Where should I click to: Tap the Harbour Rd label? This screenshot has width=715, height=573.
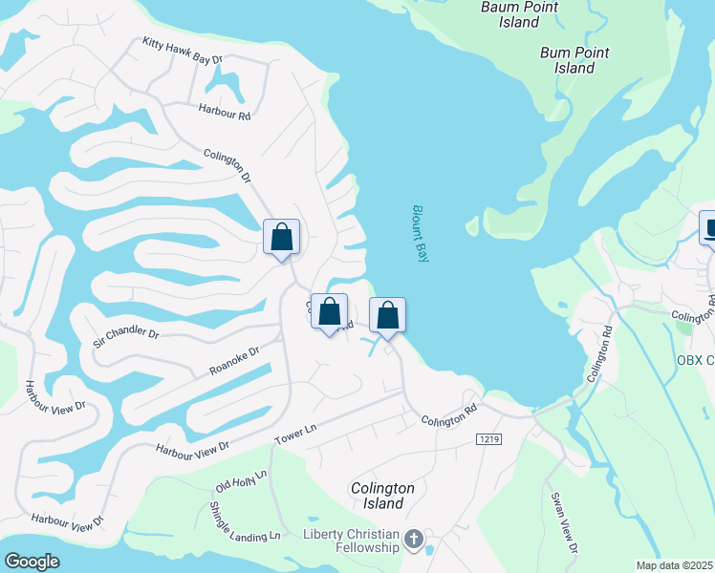click(x=225, y=113)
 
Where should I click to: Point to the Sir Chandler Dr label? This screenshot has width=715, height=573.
click(x=125, y=334)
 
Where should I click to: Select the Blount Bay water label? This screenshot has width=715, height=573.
click(x=422, y=234)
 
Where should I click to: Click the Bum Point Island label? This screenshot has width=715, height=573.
click(x=574, y=60)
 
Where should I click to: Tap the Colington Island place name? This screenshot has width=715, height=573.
click(x=382, y=496)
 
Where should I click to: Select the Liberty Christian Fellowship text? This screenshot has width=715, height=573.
click(x=351, y=541)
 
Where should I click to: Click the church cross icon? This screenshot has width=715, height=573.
click(x=413, y=541)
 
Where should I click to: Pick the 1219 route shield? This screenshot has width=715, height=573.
click(x=487, y=438)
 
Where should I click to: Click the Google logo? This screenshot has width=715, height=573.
click(x=32, y=561)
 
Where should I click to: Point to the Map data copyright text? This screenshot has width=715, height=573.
click(x=675, y=565)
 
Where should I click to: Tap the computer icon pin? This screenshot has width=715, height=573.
click(x=710, y=229)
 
